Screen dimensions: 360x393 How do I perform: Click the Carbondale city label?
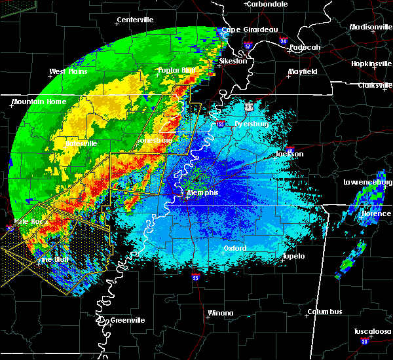click(x=268, y=4)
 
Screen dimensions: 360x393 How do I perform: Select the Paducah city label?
click(x=305, y=47)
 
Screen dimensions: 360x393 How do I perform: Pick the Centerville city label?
click(x=136, y=20)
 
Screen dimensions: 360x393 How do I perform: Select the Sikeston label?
click(x=233, y=61)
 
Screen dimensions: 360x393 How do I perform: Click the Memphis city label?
click(x=203, y=194)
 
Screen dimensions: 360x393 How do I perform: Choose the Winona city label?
click(x=220, y=313)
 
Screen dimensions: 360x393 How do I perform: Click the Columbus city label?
click(x=326, y=312)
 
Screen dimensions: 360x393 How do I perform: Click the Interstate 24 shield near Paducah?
click(x=283, y=41)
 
